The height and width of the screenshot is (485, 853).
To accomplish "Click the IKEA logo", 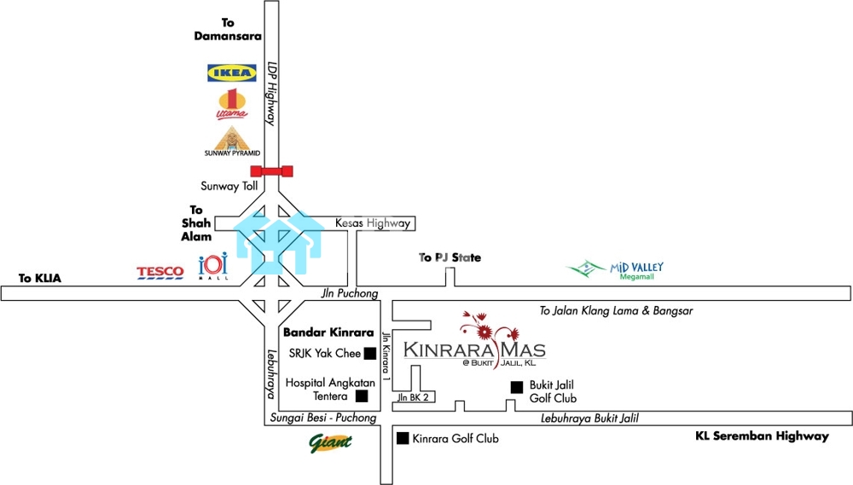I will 231,73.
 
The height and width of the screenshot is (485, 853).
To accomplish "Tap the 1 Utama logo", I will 231,105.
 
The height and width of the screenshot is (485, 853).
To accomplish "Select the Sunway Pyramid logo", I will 231,141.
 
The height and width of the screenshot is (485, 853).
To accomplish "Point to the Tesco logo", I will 160,273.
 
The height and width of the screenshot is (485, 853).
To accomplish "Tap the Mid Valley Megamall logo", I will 615,270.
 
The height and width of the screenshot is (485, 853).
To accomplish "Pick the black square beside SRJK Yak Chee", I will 370,354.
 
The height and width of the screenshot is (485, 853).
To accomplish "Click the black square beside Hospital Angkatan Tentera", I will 362,396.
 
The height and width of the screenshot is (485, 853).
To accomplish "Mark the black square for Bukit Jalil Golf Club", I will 516,388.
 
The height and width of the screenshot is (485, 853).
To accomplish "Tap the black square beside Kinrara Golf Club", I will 402,438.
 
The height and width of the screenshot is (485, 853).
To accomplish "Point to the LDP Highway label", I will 272,94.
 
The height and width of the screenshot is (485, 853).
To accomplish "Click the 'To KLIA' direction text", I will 41,278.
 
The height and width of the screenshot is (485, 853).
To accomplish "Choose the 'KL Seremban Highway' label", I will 762,436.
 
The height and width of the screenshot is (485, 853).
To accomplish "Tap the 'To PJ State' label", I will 450,257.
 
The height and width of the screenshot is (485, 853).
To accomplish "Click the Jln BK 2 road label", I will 413,397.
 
